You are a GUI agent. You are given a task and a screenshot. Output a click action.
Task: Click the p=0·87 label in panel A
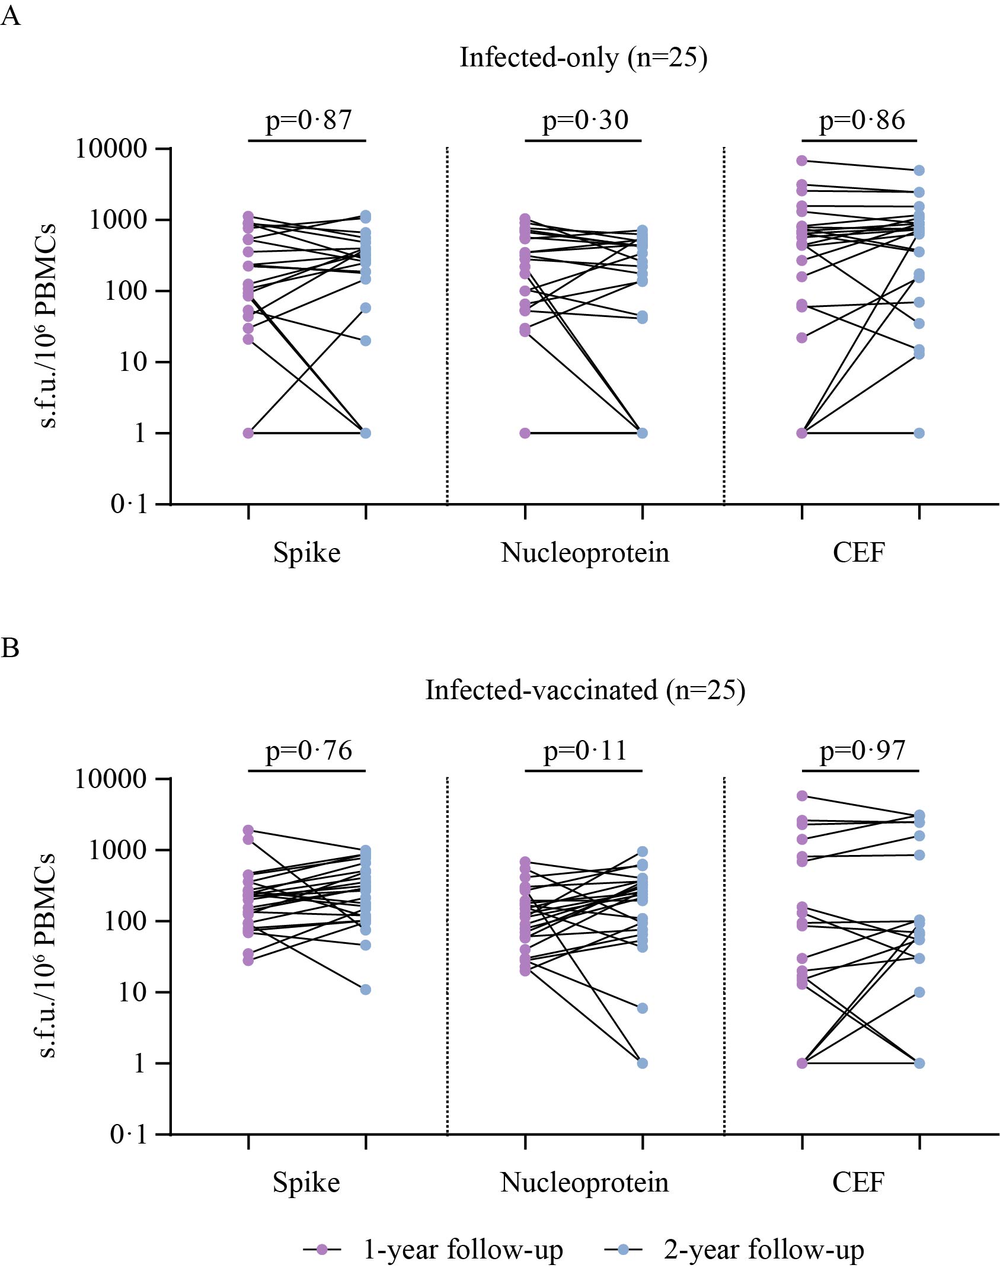(308, 120)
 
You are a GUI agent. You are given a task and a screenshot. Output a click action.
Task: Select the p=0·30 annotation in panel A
(585, 120)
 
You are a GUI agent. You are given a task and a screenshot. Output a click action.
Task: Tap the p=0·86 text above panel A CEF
(862, 120)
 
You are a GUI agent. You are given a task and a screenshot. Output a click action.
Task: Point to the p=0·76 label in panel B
(308, 751)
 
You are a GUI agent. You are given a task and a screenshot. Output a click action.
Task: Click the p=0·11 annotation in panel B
(585, 751)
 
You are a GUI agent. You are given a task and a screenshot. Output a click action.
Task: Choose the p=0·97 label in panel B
(862, 751)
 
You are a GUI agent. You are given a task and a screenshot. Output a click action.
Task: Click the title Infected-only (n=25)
(583, 58)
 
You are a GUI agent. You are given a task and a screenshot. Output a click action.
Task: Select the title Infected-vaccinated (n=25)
(585, 690)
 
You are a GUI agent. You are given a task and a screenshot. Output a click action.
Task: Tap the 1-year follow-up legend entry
(462, 1249)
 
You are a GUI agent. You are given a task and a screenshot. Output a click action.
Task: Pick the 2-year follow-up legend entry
(763, 1249)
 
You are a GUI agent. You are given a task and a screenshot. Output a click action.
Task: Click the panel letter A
(11, 17)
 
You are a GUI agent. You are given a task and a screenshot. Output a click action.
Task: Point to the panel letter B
(10, 648)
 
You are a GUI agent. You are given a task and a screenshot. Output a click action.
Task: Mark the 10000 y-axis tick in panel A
(111, 149)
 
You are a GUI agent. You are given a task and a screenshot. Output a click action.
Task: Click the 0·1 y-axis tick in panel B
(129, 1135)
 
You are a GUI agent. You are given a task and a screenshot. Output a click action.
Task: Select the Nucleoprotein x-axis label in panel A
(585, 553)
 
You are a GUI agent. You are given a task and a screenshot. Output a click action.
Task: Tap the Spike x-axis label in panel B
(306, 1182)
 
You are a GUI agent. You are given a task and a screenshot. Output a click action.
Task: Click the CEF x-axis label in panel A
(859, 553)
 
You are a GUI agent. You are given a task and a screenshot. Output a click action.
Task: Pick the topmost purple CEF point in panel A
(802, 161)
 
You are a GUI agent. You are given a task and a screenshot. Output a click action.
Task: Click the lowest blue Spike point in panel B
(366, 990)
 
